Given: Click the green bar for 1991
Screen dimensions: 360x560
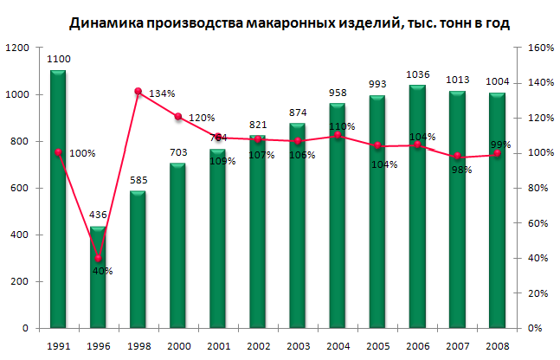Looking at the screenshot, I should pos(58,199).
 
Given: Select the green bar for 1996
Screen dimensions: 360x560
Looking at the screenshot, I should pos(98,277).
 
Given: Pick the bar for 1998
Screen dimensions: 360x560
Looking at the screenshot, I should pos(138,260).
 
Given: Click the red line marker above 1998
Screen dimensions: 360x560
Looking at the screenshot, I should pos(138,91).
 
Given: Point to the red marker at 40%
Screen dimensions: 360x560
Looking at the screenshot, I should pos(98,258).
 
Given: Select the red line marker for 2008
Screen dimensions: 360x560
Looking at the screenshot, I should pos(497,154).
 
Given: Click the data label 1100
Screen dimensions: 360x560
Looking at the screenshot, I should pos(59,59).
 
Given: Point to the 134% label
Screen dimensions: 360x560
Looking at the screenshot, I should pos(162,93).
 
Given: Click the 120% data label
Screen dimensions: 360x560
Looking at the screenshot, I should pos(202,118).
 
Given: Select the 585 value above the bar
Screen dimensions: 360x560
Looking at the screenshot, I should pos(138,180).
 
